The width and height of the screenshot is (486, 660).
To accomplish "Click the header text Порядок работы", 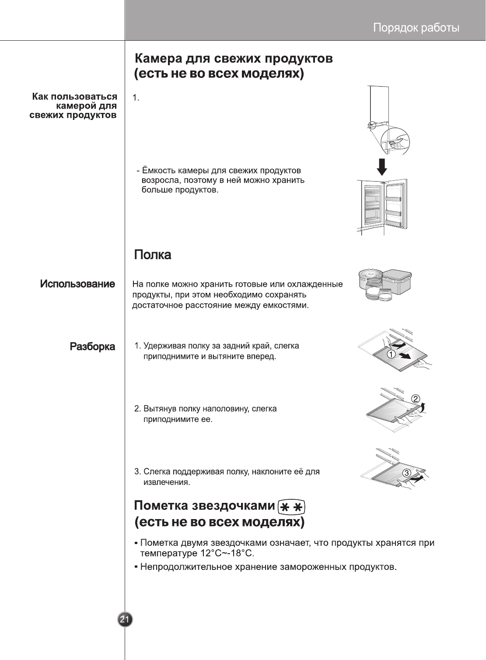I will click(x=416, y=28).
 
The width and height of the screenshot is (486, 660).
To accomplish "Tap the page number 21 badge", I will click(x=125, y=619).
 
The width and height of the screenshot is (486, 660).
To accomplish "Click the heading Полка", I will click(x=152, y=255).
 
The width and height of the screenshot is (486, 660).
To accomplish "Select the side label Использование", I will click(x=78, y=284).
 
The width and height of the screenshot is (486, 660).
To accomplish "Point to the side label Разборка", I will click(x=93, y=347).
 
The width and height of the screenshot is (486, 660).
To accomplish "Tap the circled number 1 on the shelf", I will click(x=391, y=354).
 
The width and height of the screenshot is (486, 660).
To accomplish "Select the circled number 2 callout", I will click(x=416, y=399).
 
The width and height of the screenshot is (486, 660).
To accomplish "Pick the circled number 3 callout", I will click(x=406, y=473).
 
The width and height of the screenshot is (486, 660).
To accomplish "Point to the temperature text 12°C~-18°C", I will click(x=227, y=554).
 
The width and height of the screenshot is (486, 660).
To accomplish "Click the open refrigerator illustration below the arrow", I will click(x=382, y=206).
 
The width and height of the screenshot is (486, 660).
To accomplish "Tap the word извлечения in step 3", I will click(x=166, y=482).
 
